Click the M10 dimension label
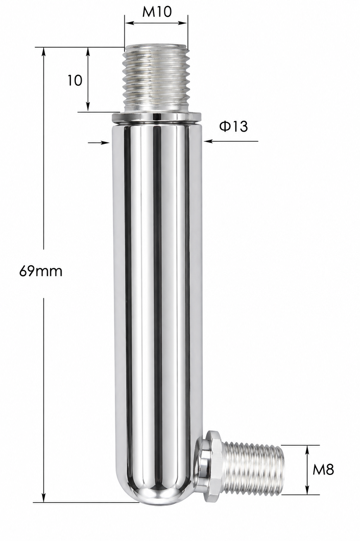click(157, 12)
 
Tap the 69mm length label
click(41, 271)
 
